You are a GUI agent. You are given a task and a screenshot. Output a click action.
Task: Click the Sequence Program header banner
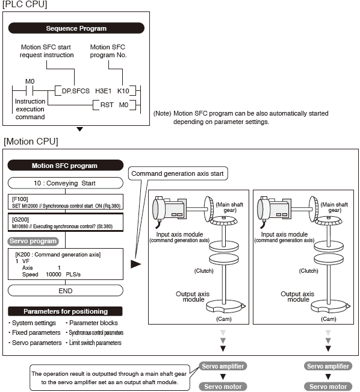click(x=76, y=28)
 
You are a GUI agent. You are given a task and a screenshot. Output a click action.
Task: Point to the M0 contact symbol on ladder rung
click(x=29, y=91)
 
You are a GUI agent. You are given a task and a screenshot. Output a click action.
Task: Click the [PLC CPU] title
click(x=25, y=5)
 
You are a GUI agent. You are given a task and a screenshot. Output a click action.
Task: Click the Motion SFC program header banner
click(x=64, y=166)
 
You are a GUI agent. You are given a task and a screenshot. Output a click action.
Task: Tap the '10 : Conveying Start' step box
click(x=64, y=182)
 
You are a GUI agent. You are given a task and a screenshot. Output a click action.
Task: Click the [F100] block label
click(x=20, y=198)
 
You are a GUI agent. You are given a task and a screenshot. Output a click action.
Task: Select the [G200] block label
click(x=20, y=221)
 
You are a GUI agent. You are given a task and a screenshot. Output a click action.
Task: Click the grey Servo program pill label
click(x=33, y=241)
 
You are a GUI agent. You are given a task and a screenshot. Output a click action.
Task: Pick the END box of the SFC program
click(x=64, y=290)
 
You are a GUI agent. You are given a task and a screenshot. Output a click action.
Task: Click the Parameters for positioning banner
click(x=66, y=311)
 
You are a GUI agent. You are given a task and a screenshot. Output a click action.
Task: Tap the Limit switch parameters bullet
click(x=95, y=343)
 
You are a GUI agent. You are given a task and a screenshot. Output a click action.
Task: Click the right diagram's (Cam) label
click(x=328, y=319)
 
